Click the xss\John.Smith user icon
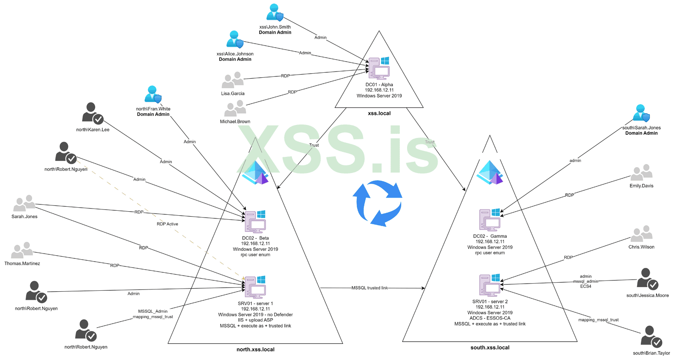coord(275,13)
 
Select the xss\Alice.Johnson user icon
coord(235,40)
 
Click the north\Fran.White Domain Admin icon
coord(152,94)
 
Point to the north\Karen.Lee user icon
coord(93,112)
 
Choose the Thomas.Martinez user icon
coord(22,250)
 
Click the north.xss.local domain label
coord(255,349)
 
